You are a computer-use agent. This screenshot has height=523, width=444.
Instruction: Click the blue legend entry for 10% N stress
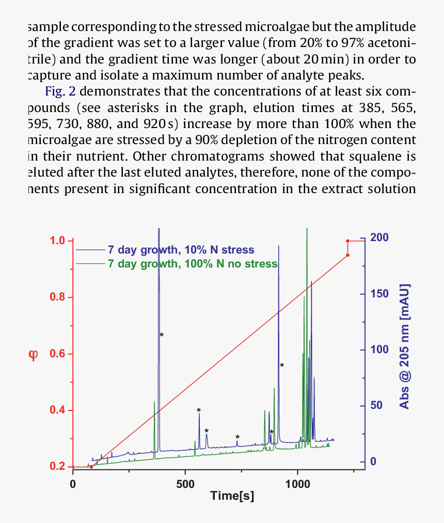pyautogui.click(x=181, y=250)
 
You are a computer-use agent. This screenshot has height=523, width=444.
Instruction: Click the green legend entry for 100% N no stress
pyautogui.click(x=192, y=264)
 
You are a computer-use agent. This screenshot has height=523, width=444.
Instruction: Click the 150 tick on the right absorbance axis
pyautogui.click(x=382, y=294)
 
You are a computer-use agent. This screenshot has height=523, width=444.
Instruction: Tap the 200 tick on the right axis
pyautogui.click(x=382, y=238)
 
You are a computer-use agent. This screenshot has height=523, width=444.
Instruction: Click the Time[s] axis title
pyautogui.click(x=232, y=496)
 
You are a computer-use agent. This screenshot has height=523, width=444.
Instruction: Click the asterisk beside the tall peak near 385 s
pyautogui.click(x=162, y=336)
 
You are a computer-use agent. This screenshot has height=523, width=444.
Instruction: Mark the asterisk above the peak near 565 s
pyautogui.click(x=199, y=411)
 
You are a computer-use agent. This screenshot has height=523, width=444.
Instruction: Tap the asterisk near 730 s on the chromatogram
pyautogui.click(x=237, y=438)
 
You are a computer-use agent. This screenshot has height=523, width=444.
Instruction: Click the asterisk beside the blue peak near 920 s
pyautogui.click(x=282, y=366)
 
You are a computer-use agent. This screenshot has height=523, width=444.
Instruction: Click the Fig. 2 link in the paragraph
pyautogui.click(x=61, y=92)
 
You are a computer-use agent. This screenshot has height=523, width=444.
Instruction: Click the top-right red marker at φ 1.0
pyautogui.click(x=347, y=241)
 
